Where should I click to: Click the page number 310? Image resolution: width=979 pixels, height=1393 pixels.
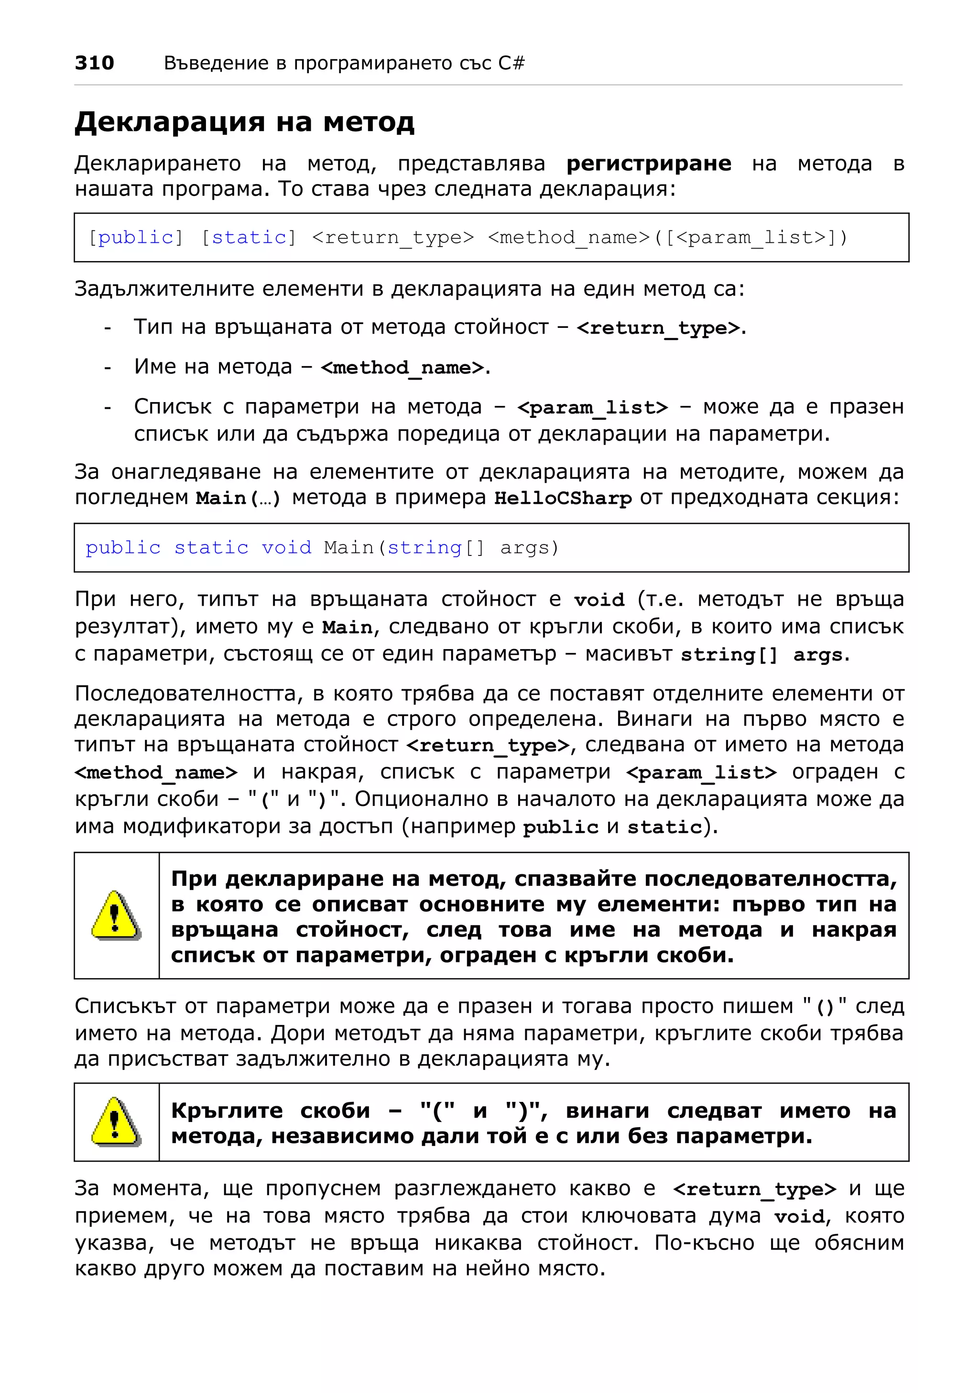coord(94,63)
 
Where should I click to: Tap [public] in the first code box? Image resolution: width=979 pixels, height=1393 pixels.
coord(135,237)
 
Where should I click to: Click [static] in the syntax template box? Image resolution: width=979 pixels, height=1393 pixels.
coord(249,237)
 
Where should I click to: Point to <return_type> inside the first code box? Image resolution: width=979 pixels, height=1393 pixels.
coord(392,237)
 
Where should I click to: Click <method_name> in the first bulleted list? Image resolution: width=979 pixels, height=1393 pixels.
coord(404,368)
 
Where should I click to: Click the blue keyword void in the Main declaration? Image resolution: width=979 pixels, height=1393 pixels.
coord(286,547)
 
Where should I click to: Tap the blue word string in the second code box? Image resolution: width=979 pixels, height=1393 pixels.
coord(424,547)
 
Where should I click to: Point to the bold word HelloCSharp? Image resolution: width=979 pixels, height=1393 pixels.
coord(563,498)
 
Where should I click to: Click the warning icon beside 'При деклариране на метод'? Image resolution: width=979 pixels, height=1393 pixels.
coord(116,915)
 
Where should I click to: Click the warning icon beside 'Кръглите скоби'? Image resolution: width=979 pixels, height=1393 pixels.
coord(116,1121)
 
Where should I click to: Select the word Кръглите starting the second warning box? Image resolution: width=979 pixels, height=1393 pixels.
coord(226,1110)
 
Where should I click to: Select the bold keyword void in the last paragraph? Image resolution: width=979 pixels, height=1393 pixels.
coord(799,1217)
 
